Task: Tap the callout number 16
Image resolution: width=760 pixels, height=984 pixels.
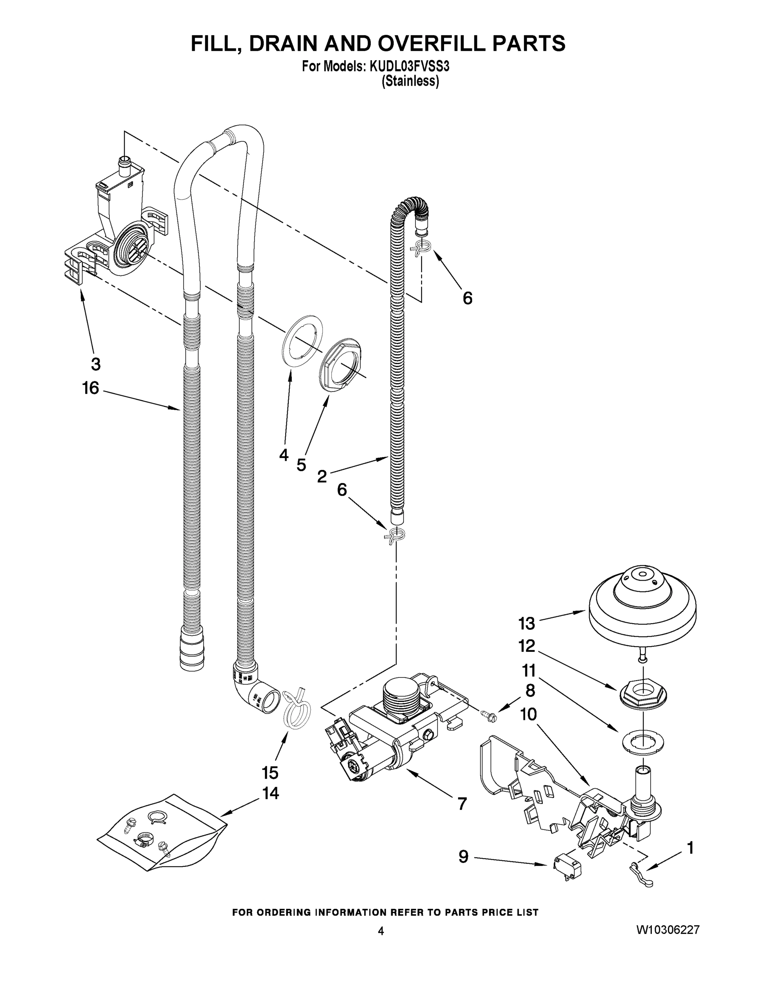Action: click(x=91, y=388)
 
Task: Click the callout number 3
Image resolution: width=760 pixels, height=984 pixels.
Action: click(x=95, y=364)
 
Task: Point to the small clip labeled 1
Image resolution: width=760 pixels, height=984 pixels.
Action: click(x=641, y=877)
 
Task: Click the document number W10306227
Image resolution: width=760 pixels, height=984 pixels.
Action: click(x=668, y=929)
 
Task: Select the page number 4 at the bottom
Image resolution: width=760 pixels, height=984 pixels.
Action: click(x=381, y=931)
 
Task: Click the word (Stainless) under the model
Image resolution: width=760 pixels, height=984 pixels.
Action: click(x=410, y=82)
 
